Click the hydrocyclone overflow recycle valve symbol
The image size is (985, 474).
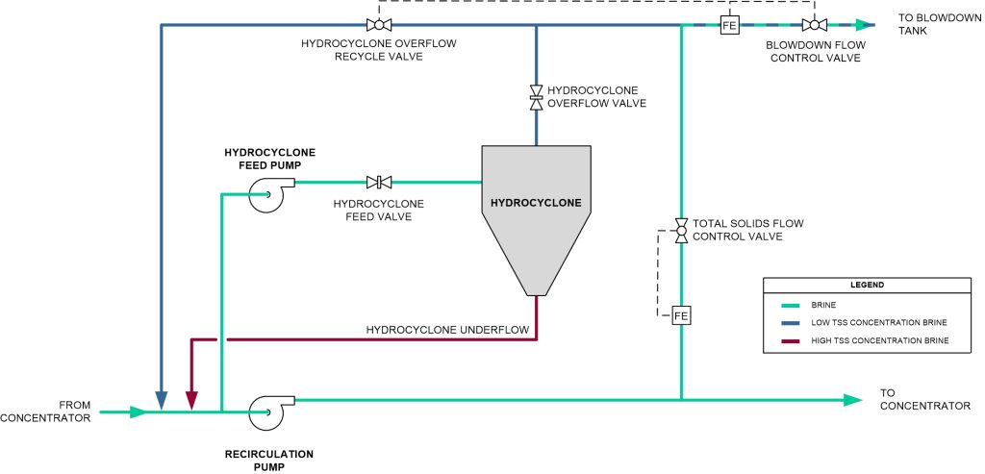coord(378,25)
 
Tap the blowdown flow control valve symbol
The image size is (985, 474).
coord(814,25)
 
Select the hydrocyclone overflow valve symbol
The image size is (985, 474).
coord(536,96)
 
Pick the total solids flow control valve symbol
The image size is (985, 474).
coord(681,229)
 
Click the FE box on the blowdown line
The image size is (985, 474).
coord(729,26)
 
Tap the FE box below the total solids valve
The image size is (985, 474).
coord(681,315)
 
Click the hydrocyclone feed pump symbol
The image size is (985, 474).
coord(263,194)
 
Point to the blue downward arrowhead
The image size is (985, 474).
coord(162,397)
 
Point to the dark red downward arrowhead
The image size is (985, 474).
coord(191,397)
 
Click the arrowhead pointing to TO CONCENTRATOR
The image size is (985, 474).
coord(852,399)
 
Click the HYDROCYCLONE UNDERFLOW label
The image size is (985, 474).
coord(447,330)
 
